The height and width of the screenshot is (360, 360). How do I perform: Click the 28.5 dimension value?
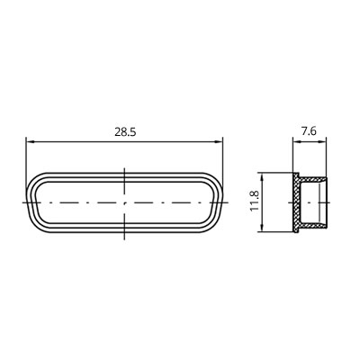(125, 132)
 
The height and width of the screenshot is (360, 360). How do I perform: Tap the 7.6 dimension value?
(310, 131)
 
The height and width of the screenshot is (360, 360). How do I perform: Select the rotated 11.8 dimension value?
(255, 202)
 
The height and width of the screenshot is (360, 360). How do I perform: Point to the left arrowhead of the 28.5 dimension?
(31, 141)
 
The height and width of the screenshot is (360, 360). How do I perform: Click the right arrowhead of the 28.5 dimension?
(218, 142)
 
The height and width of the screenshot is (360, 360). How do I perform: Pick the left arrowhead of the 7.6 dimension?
(297, 142)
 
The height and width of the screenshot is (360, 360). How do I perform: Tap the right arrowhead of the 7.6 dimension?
(322, 142)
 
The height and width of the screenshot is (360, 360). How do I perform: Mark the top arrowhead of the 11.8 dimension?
(263, 177)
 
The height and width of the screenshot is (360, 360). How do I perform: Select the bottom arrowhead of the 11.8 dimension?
(263, 227)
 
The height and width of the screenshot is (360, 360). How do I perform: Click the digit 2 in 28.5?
(118, 132)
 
